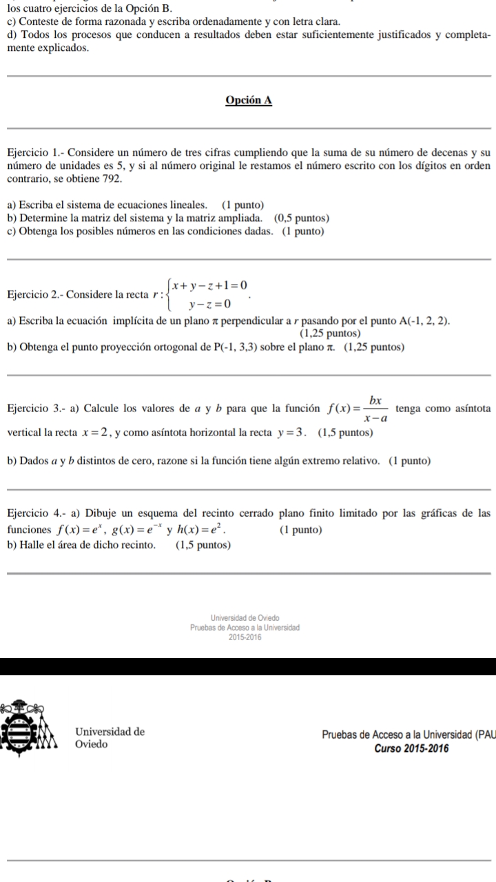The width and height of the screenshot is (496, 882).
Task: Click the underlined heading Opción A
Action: (x=249, y=100)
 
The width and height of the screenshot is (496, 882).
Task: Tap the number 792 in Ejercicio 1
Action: (x=112, y=178)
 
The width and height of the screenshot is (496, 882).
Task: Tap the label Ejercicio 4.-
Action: (x=35, y=513)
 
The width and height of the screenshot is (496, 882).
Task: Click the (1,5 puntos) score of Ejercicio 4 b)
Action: (x=203, y=545)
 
